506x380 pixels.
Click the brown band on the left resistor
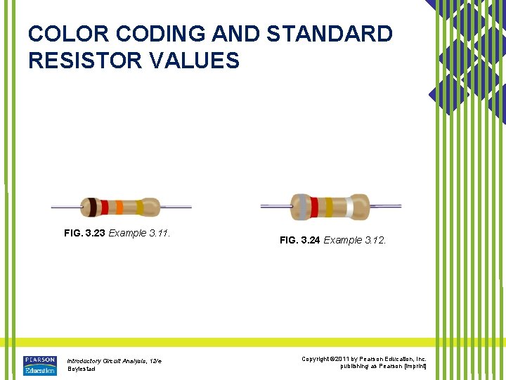click(92, 207)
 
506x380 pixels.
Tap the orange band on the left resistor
click(119, 207)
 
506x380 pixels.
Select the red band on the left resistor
click(104, 207)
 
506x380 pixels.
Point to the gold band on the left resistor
click(140, 207)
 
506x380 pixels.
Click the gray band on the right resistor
click(301, 207)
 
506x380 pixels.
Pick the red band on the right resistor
click(313, 207)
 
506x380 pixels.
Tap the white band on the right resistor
click(349, 207)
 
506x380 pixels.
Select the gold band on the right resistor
click(327, 207)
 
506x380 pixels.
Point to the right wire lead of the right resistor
click(387, 207)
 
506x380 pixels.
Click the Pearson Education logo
click(39, 365)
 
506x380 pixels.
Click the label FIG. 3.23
click(84, 233)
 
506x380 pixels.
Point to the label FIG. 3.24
click(300, 240)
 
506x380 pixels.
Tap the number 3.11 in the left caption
click(160, 233)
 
